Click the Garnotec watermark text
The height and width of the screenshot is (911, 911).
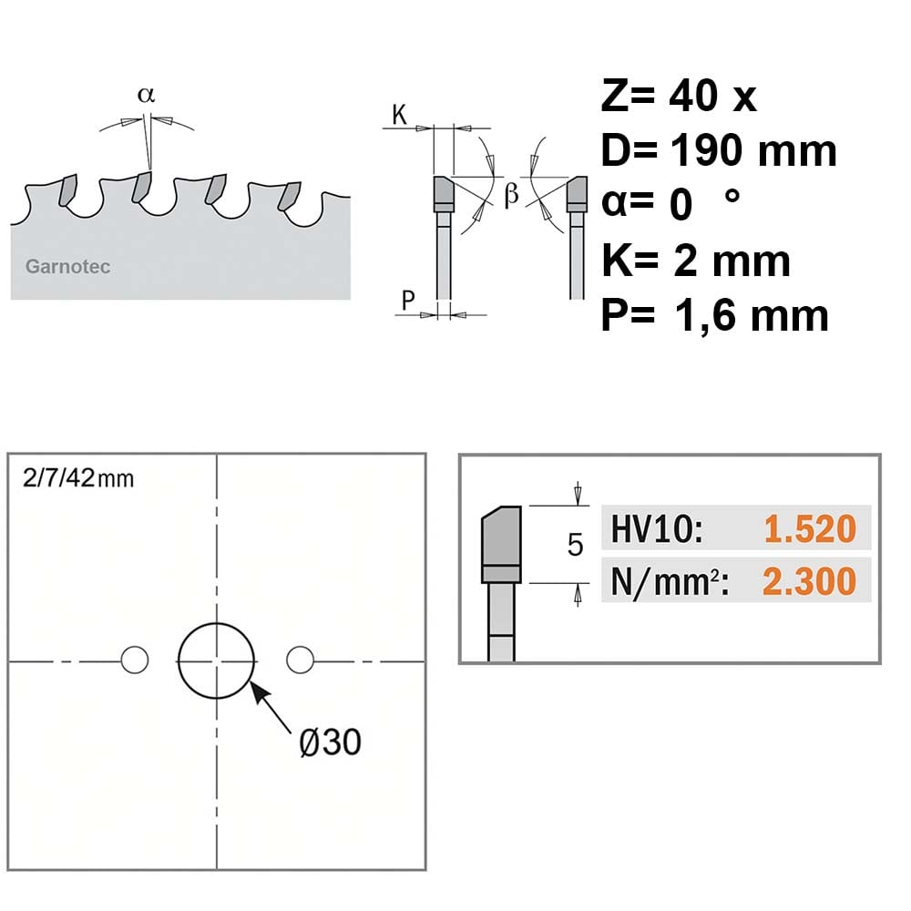(x=68, y=267)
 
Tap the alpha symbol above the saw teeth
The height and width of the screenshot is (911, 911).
(x=147, y=95)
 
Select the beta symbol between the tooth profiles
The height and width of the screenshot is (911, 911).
(x=511, y=193)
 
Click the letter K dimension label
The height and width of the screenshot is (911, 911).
(x=399, y=115)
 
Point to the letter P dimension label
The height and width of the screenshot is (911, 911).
(x=408, y=300)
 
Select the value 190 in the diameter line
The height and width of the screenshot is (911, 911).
(x=707, y=150)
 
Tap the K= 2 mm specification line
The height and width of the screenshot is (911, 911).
(x=695, y=261)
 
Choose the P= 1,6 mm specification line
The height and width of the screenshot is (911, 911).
(x=714, y=315)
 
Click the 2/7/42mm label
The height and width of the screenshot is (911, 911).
(x=78, y=478)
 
